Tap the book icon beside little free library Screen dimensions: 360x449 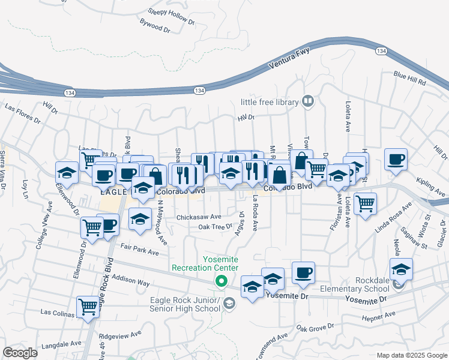click(308, 101)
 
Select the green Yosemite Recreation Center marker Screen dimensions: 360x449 click(221, 280)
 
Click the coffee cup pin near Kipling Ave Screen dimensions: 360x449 click(396, 160)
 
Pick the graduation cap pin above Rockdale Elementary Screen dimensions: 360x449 click(401, 269)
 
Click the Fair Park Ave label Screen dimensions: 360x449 click(139, 250)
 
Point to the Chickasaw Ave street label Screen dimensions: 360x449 click(199, 217)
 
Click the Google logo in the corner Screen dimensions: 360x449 click(20, 353)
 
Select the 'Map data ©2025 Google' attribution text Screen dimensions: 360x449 click(411, 355)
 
